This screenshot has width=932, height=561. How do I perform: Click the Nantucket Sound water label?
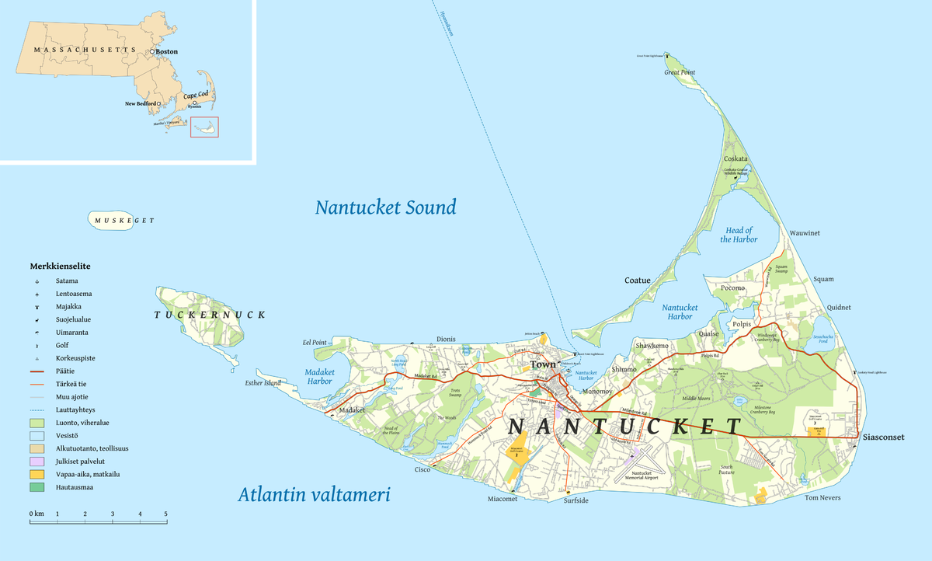pos(385,207)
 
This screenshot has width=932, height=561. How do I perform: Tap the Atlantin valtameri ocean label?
pos(314,495)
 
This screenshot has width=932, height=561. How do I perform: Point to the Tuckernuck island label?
pos(210,315)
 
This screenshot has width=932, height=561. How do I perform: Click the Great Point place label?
pos(680,72)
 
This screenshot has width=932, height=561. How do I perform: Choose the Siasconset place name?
pos(883,437)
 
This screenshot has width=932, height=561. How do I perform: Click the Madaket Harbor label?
pos(319,376)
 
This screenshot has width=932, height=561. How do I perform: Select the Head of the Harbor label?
pos(739,235)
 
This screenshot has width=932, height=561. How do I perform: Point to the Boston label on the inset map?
pos(166,51)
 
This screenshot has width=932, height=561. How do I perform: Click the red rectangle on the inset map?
pos(205,127)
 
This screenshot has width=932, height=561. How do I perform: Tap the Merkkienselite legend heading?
pos(60,266)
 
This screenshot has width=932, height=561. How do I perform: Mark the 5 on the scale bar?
pos(165,514)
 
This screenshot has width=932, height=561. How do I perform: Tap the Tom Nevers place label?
pos(822,497)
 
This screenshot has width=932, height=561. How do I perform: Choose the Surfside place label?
pos(576,501)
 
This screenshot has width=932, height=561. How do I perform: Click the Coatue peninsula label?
pos(638,280)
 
